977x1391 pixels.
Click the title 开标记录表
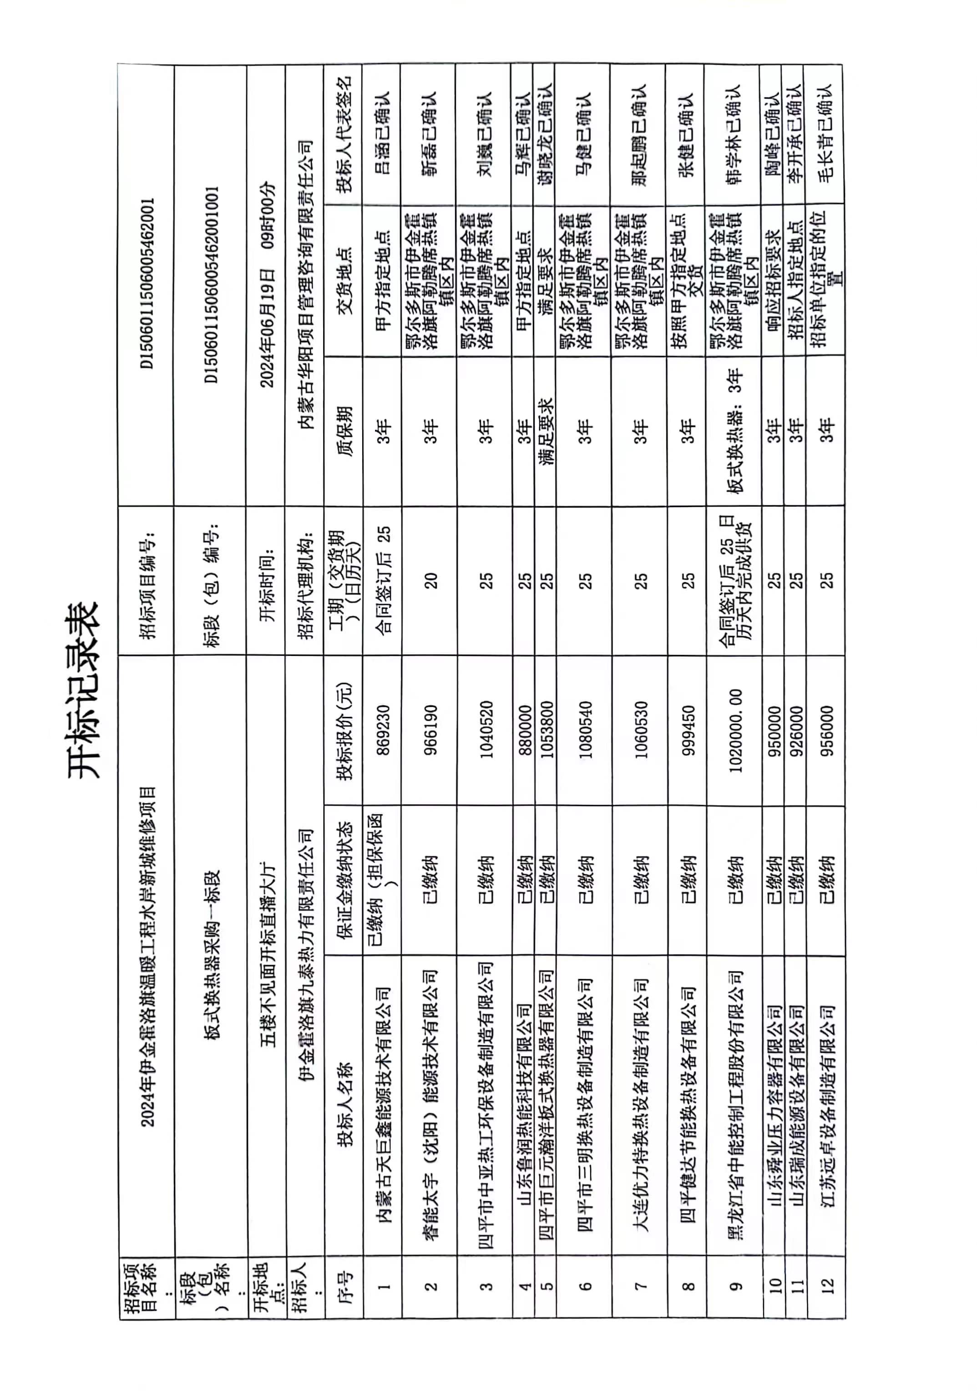pos(82,690)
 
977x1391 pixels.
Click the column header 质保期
pos(344,430)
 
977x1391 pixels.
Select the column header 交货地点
pos(344,280)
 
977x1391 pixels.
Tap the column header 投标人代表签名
pos(344,134)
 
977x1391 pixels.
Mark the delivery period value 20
pos(430,580)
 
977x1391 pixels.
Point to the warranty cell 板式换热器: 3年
pos(735,430)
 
